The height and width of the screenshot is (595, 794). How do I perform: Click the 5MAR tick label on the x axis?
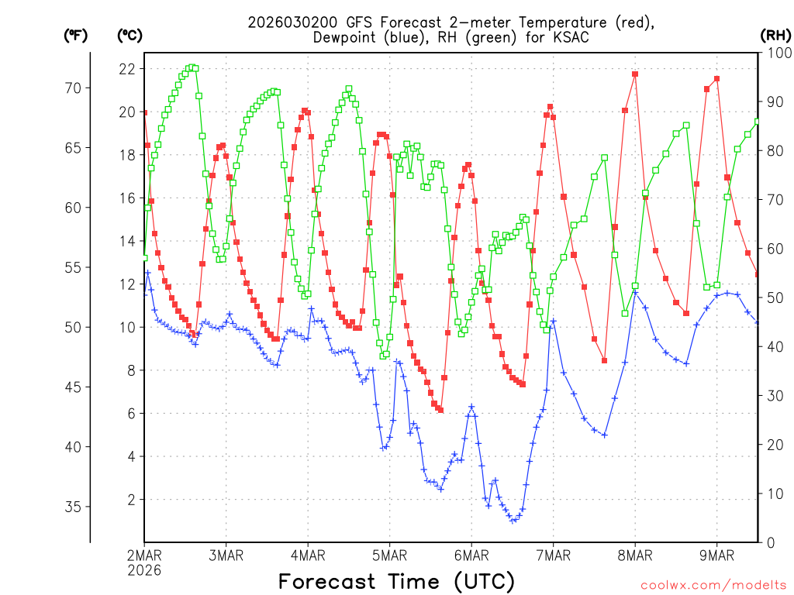point(389,555)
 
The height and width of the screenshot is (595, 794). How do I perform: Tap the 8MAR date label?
point(635,555)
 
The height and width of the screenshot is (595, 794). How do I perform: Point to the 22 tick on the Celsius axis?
point(126,69)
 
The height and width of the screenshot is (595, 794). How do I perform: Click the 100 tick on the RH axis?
point(776,53)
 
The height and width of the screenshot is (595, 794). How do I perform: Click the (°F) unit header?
point(75,35)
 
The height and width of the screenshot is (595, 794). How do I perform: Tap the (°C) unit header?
point(130,35)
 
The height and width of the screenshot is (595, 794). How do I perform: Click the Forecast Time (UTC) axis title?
point(396,580)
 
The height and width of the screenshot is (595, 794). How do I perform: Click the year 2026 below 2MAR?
point(145,569)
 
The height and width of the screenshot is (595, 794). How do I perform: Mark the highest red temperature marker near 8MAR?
point(635,74)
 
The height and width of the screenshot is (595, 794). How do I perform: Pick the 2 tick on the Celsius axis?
point(129,500)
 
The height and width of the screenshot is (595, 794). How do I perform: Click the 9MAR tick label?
point(716,555)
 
